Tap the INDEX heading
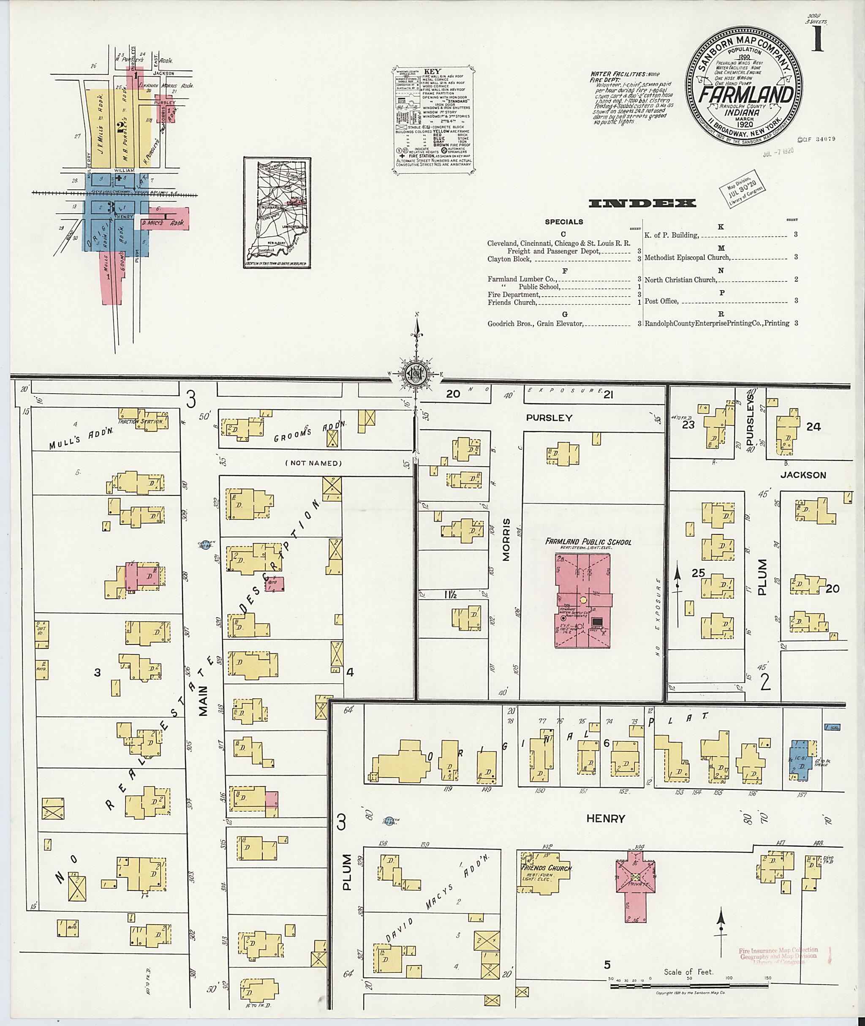(642, 204)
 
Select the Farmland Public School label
(588, 542)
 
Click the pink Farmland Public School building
(583, 601)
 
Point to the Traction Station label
(140, 421)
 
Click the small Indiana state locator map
(277, 212)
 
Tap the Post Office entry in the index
(661, 301)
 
